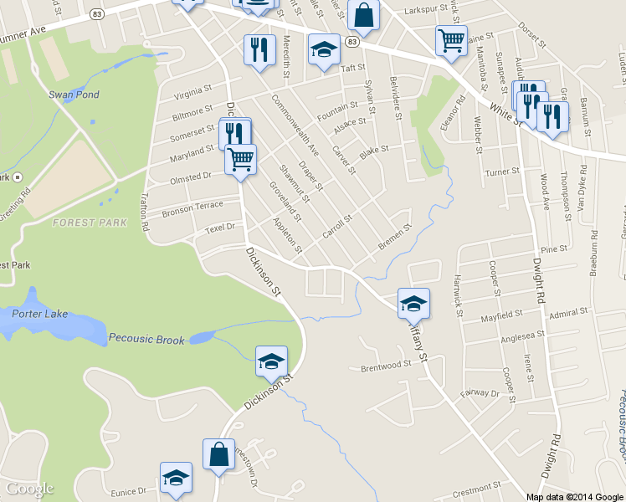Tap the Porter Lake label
point(40,315)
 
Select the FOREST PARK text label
point(90,223)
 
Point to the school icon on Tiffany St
point(413,303)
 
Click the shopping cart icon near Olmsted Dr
point(241,158)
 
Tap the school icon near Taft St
point(324,49)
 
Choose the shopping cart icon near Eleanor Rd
point(451,40)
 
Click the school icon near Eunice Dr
point(176,477)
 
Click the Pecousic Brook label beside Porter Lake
point(146,339)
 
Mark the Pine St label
point(554,249)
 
